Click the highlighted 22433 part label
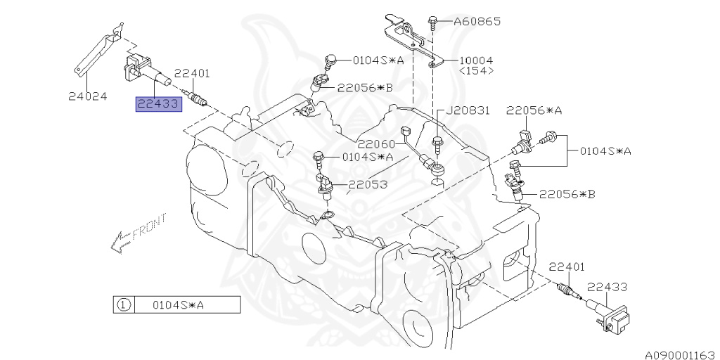click(159, 105)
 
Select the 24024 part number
click(88, 96)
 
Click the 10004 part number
click(476, 60)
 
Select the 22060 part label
click(375, 144)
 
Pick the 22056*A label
click(534, 110)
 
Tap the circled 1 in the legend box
click(123, 305)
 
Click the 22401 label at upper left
click(192, 73)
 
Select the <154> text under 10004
click(476, 71)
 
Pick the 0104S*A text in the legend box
click(179, 305)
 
